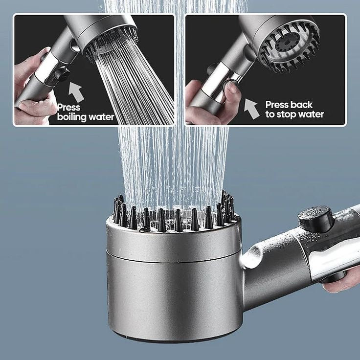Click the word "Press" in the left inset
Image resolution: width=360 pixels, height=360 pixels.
tap(69, 107)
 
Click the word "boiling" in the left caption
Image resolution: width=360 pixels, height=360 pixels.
tap(73, 117)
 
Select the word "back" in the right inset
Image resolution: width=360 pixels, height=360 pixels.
tap(302, 104)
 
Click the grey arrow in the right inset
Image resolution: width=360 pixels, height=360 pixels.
tap(251, 108)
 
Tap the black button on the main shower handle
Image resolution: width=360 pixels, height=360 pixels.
tap(316, 218)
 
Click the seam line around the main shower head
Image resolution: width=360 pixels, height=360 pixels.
tap(174, 261)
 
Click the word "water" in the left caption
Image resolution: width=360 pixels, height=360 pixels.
tap(102, 117)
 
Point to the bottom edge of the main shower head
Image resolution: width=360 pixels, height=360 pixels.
tap(174, 340)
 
